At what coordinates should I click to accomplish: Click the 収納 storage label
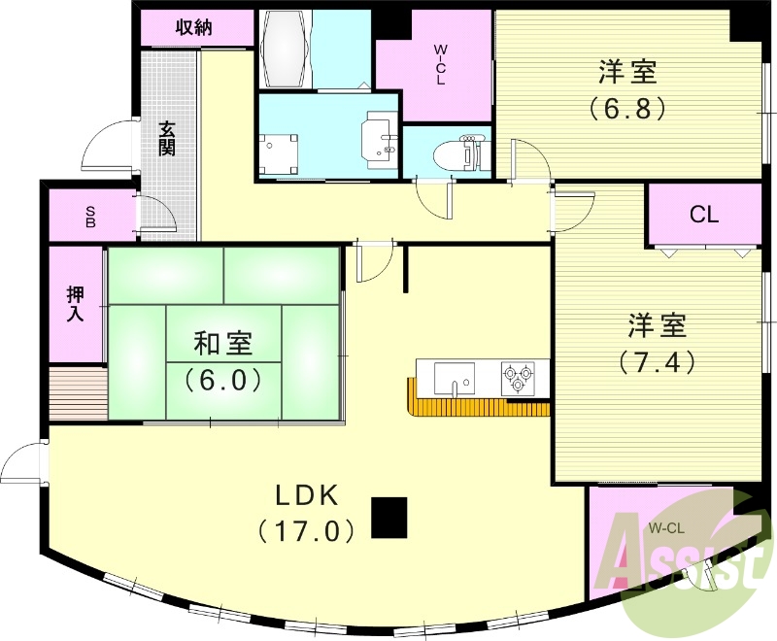pos(193,27)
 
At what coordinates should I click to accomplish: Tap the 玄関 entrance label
pos(168,138)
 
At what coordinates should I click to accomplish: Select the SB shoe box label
pos(89,216)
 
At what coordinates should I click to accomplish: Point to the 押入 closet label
pos(76,303)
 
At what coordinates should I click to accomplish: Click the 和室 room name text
pos(223,344)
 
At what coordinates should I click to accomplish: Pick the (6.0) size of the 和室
pos(223,379)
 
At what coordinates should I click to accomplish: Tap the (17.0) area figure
pos(306,530)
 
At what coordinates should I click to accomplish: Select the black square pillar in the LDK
pos(389,518)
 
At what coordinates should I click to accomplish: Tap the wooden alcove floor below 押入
pos(77,393)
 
